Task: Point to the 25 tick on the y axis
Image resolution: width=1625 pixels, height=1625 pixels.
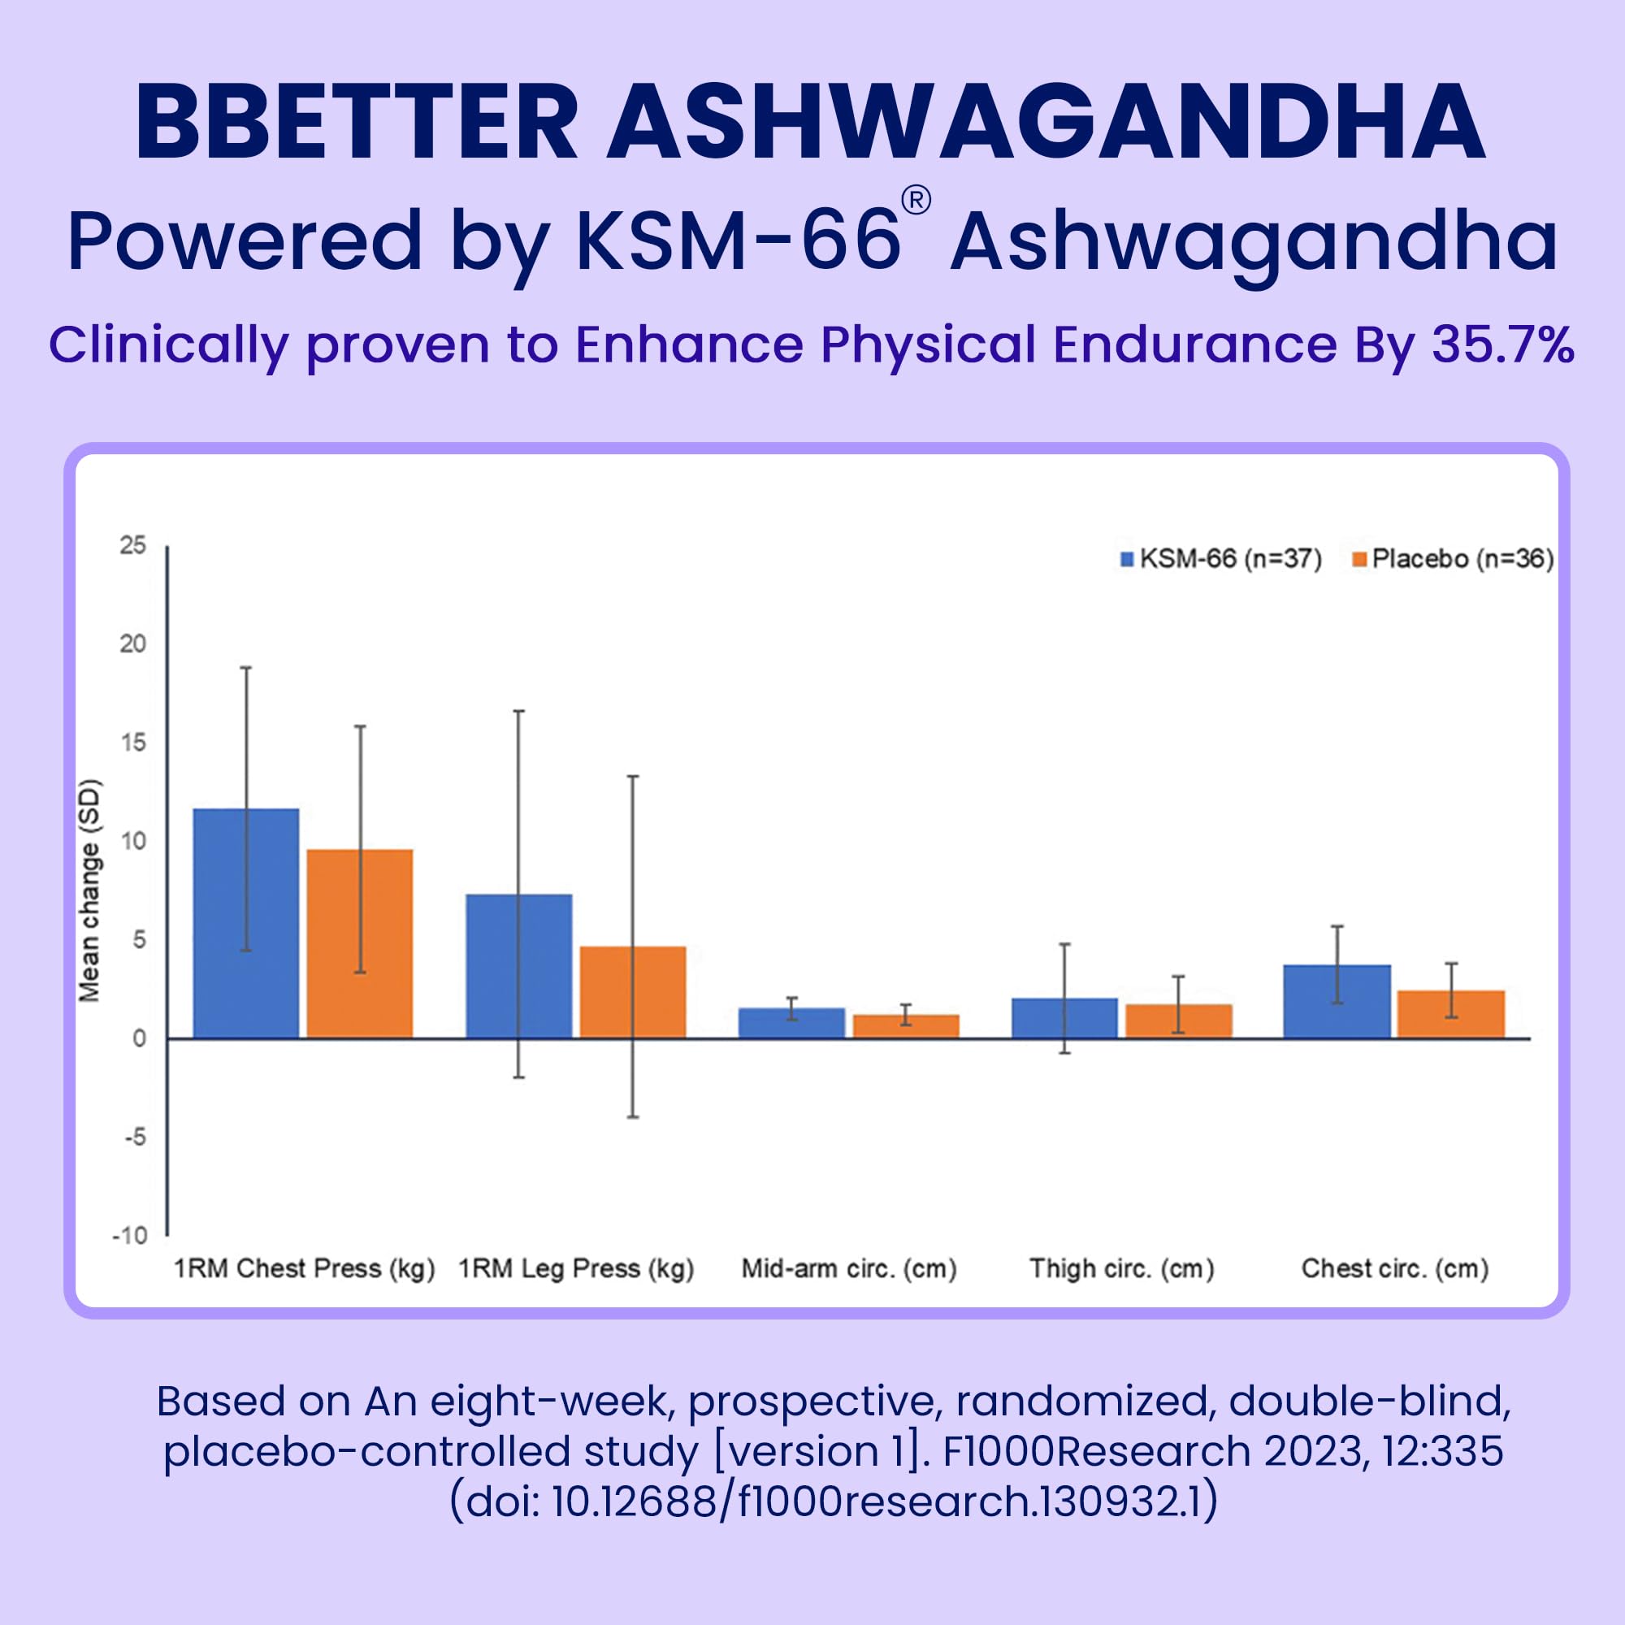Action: [133, 546]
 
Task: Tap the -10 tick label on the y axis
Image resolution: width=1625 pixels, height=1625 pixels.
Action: [129, 1236]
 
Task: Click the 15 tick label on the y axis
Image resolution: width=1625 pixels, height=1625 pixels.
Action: [133, 743]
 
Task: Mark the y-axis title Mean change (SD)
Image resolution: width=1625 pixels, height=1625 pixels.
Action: [89, 891]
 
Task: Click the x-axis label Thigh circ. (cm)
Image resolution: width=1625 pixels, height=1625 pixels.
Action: [1122, 1268]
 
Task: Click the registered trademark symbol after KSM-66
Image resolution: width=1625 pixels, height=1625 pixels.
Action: [916, 201]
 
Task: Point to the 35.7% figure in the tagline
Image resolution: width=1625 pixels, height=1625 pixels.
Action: [1503, 344]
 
